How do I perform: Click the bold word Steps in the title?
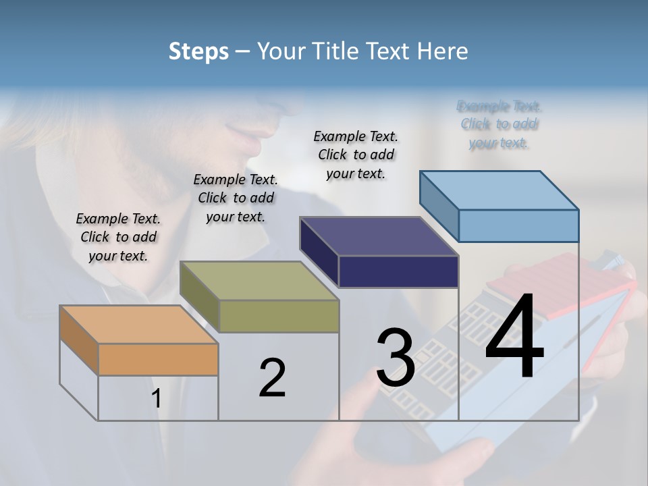(x=198, y=51)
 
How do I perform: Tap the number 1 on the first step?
(x=157, y=399)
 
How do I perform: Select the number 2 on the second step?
(x=272, y=378)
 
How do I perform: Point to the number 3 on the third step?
(x=396, y=358)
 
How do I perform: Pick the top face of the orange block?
(x=138, y=324)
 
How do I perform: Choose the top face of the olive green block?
(x=259, y=280)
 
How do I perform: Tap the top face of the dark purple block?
(x=379, y=236)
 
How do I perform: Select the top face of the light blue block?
(x=499, y=190)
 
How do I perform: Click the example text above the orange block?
(x=118, y=237)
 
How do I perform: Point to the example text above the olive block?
(x=236, y=198)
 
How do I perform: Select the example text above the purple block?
(x=356, y=155)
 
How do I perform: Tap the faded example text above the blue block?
(x=500, y=124)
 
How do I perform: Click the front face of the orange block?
(x=158, y=359)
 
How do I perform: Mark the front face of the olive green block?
(x=279, y=316)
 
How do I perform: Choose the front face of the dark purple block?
(x=398, y=271)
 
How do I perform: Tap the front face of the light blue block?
(x=518, y=225)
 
